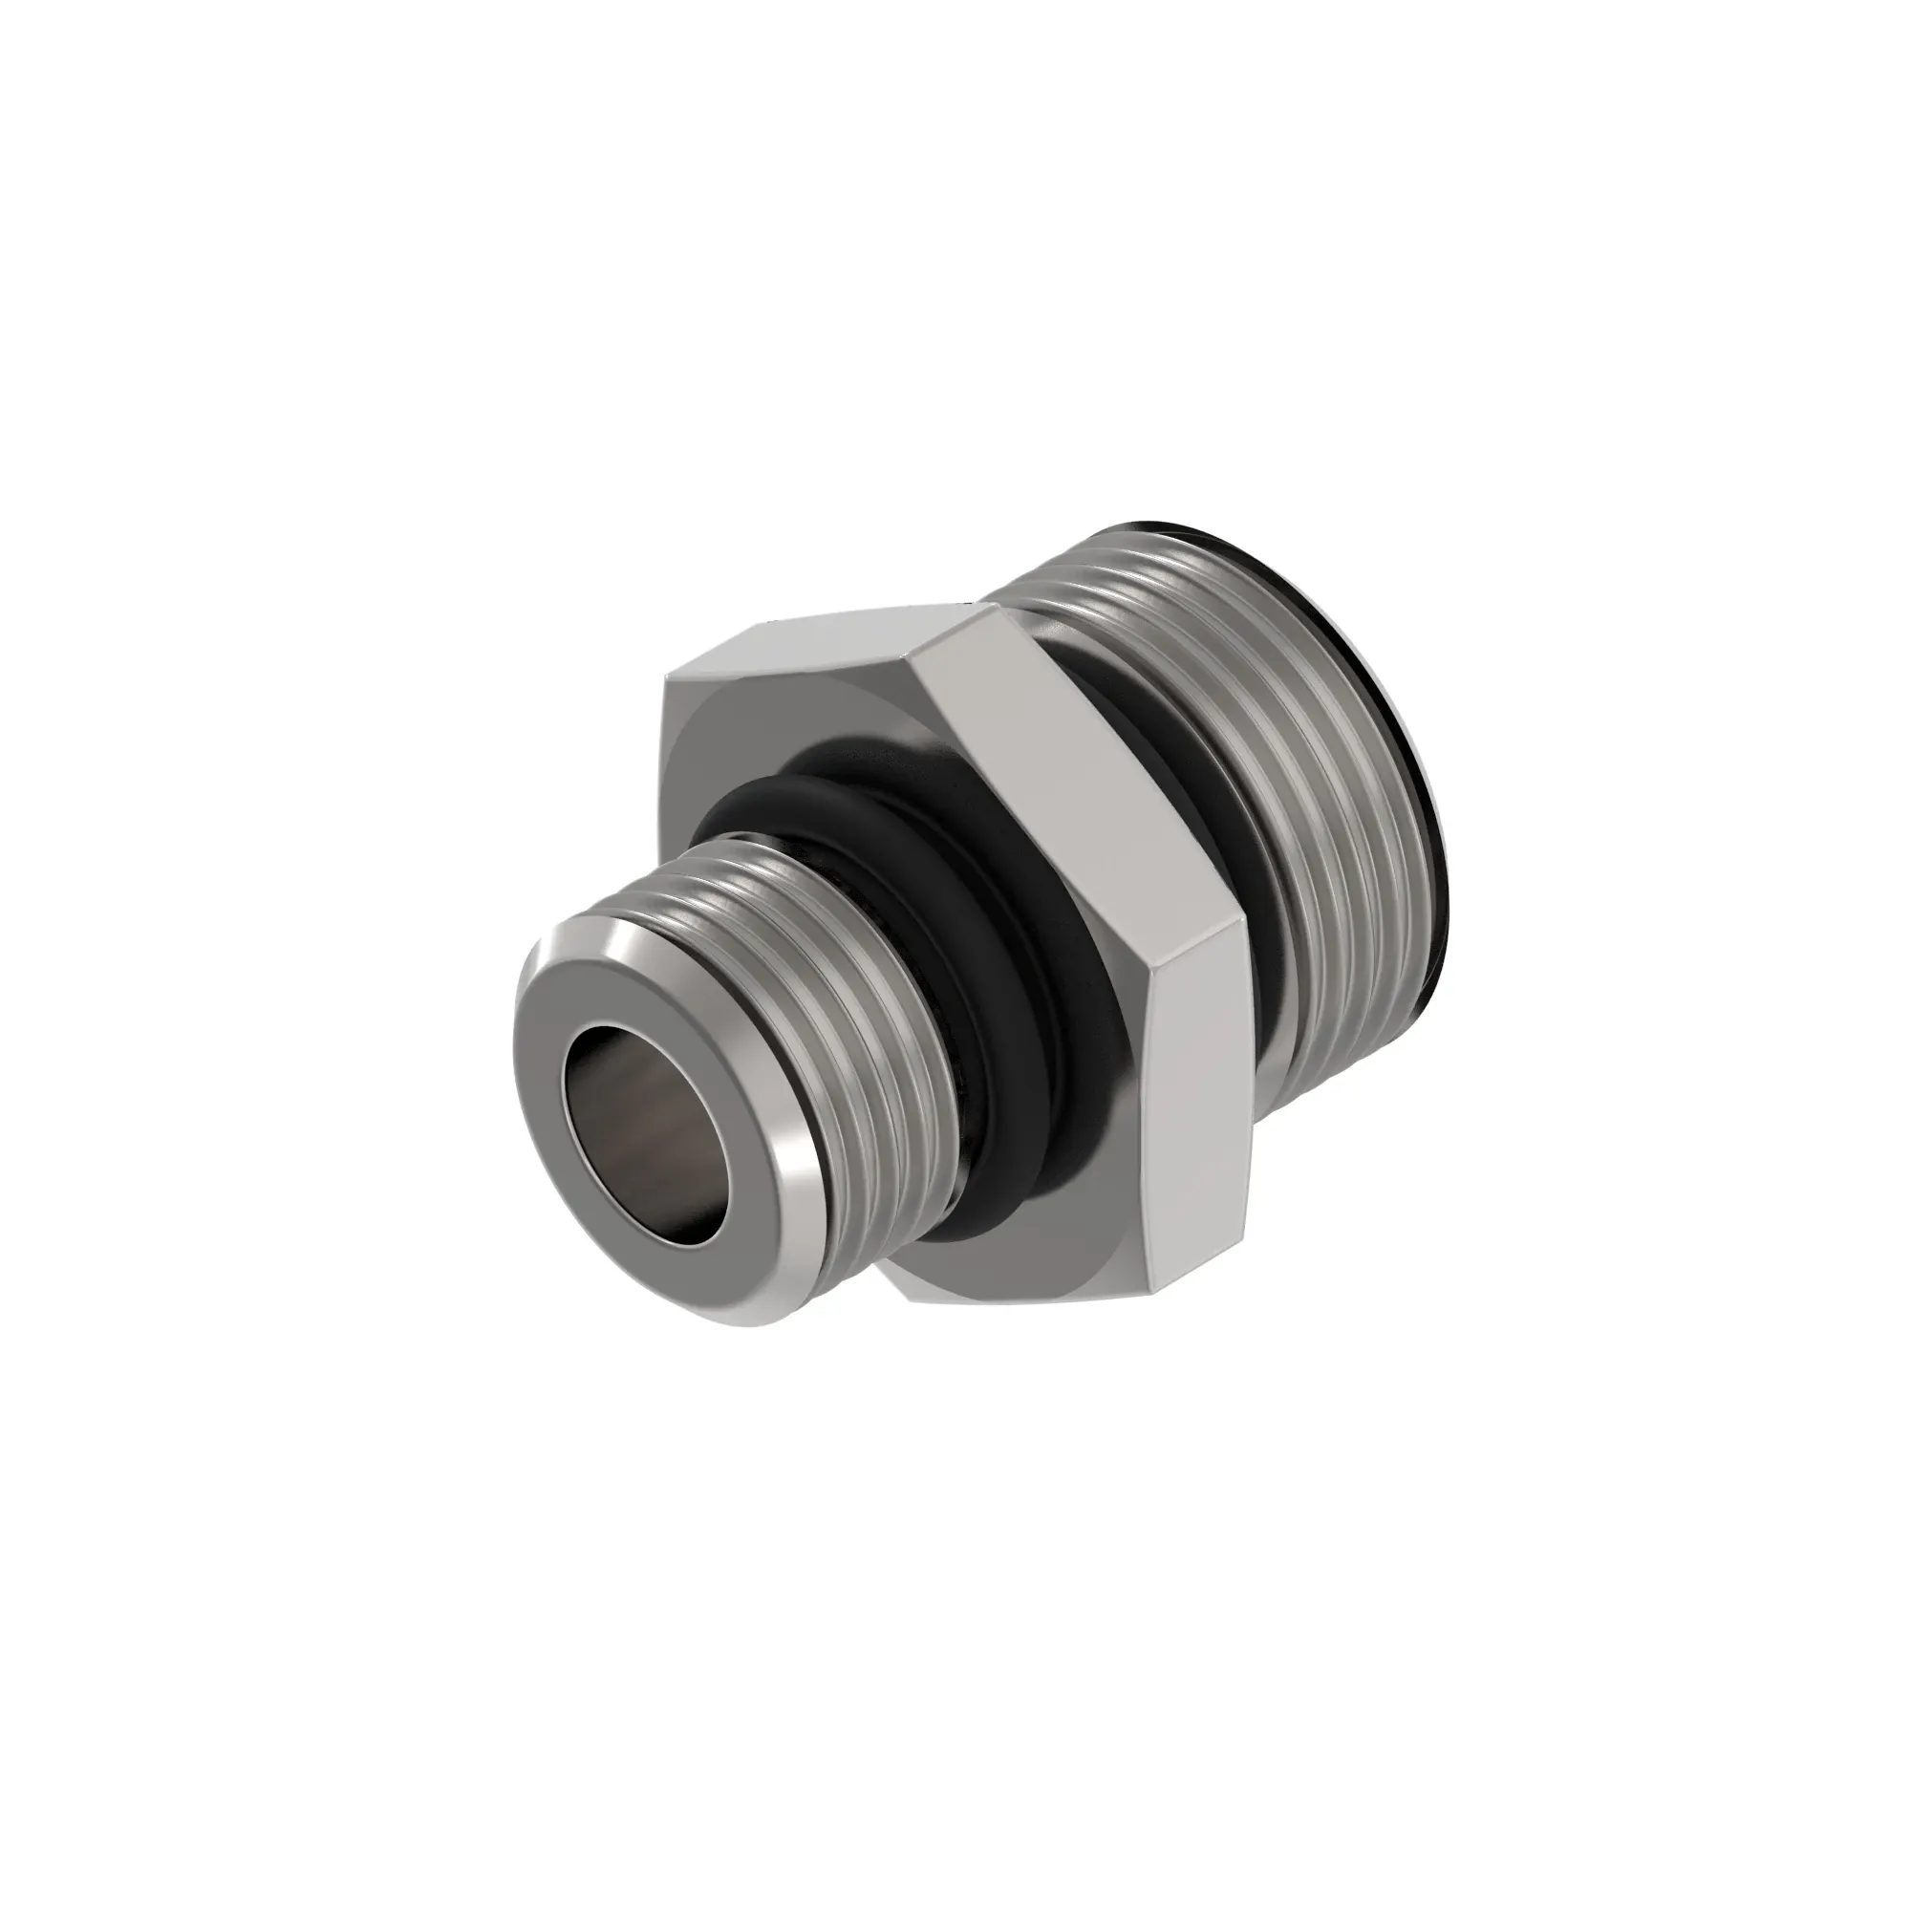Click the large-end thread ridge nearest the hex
pos(1236,841)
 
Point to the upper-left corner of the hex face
pos(666,682)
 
